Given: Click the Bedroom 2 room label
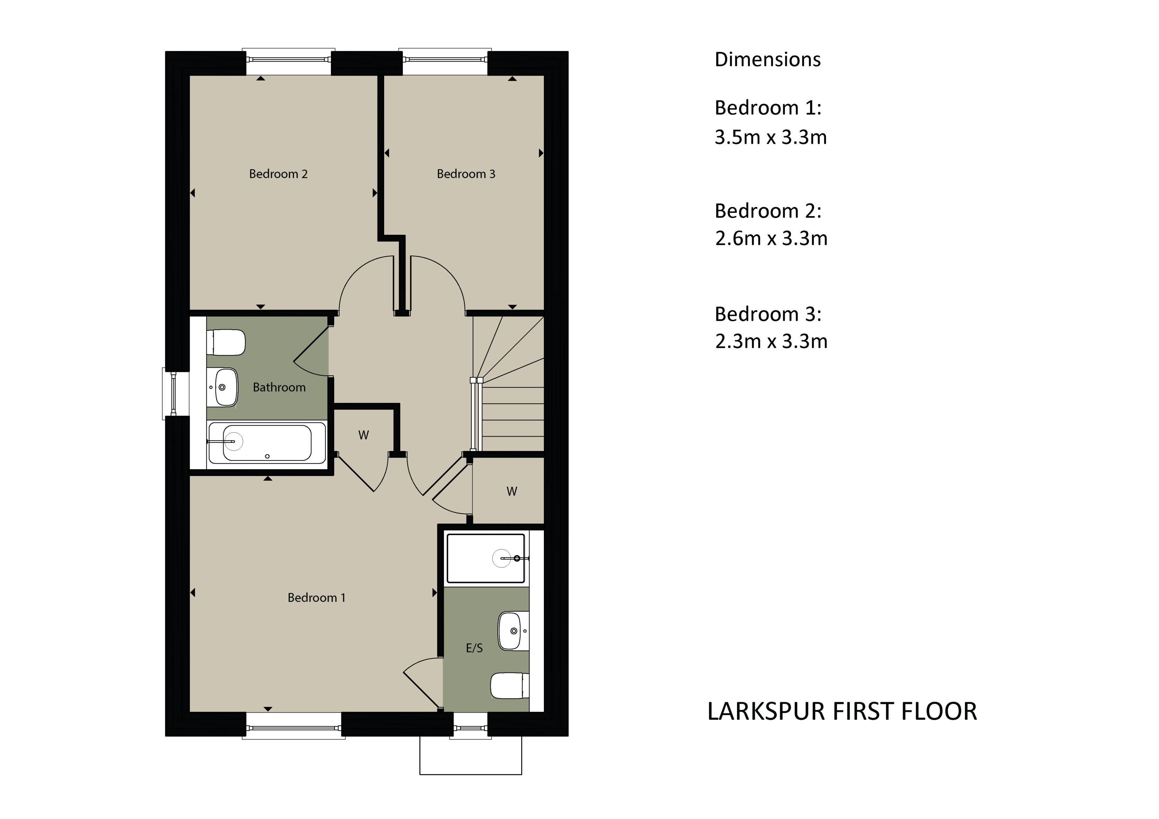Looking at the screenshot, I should point(278,174).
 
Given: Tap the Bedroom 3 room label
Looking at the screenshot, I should point(465,174).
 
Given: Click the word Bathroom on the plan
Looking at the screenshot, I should point(279,388).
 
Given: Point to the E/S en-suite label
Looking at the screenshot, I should point(474,648).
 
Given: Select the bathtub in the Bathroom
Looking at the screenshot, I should point(267,443).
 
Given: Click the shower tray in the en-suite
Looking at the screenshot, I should point(485,558).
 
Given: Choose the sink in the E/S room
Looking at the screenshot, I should point(512,631).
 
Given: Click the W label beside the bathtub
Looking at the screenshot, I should point(364,435).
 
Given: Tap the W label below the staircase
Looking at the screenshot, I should point(511,492).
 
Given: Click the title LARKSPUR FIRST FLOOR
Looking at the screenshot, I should point(841,712).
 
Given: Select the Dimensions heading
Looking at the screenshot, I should point(767,60).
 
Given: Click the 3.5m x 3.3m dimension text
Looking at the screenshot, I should point(770,137).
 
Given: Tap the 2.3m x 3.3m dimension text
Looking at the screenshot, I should point(771,342).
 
